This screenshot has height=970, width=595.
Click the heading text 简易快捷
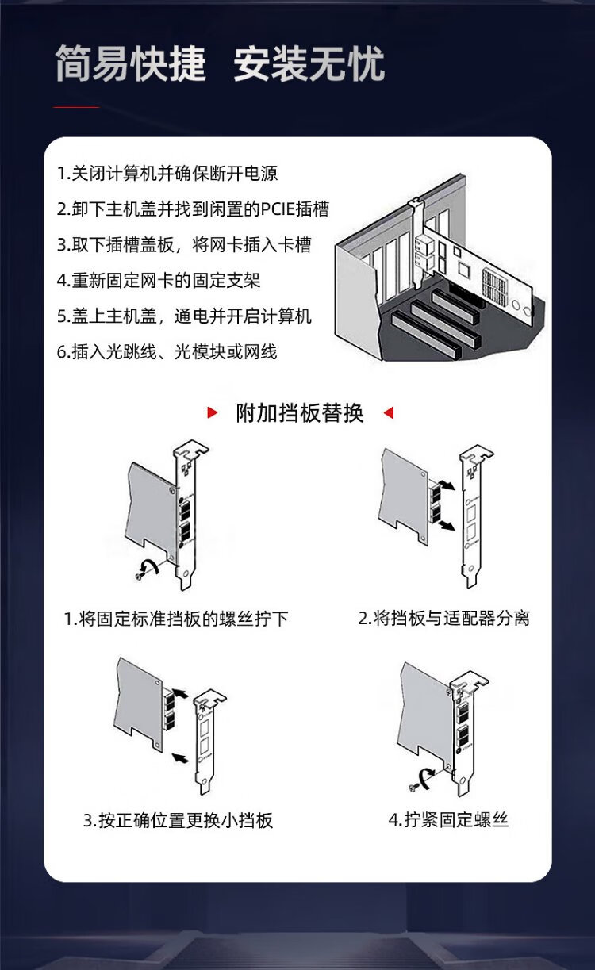coord(130,63)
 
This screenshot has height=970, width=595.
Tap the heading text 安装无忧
coord(309,63)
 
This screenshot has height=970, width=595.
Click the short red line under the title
coord(76,106)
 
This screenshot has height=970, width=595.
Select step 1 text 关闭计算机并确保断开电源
coord(167,173)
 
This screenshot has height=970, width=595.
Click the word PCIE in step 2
coord(277,209)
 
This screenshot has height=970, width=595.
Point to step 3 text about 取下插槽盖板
coord(184,244)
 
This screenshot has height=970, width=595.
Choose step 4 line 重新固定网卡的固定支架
coord(159,280)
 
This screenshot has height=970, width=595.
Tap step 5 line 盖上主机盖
coord(184,316)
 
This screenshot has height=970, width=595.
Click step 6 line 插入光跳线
coord(167,351)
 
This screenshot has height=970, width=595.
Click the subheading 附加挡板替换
coord(300,412)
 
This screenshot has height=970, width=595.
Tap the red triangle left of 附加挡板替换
coord(212,412)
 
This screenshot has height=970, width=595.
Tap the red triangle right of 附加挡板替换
coord(389,412)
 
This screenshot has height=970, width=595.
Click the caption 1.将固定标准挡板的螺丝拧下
coord(176,619)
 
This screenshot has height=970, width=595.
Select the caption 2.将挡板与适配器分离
coord(443,618)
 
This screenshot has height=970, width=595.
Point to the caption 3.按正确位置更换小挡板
coord(178,820)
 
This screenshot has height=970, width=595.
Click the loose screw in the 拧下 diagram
coord(140,577)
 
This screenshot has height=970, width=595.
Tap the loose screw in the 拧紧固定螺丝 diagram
coord(413,788)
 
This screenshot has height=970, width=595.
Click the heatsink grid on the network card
coord(495,285)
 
